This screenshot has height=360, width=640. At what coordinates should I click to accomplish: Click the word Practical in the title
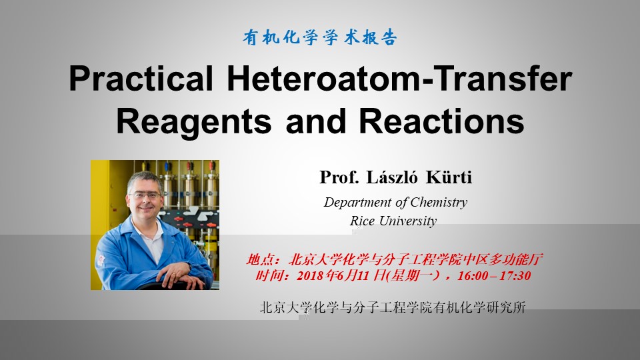point(141,79)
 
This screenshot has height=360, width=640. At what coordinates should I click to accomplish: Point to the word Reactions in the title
point(441,121)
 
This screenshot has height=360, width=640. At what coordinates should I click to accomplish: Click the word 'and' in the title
point(316,121)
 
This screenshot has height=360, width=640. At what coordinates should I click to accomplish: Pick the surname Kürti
point(449,177)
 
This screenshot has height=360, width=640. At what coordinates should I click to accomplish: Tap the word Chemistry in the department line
point(439,203)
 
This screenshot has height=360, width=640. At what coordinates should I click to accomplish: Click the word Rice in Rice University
point(362,221)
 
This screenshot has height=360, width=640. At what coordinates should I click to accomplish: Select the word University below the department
point(408,221)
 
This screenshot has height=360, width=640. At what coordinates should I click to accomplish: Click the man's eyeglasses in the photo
point(144,196)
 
